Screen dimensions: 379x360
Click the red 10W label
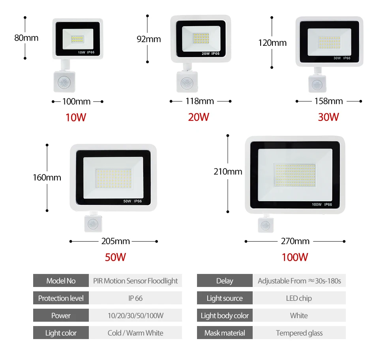point(76,117)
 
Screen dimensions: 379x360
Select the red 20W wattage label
point(199,117)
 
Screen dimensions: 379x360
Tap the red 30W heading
point(328,117)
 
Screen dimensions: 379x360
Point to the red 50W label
point(115,257)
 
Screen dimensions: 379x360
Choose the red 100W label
point(295,257)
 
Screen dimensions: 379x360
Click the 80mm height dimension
point(26,38)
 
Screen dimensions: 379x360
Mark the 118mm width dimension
point(200,101)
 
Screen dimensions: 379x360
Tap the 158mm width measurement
point(328,101)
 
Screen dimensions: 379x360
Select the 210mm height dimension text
point(228,172)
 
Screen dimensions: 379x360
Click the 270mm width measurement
point(295,241)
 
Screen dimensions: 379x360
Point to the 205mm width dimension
point(115,241)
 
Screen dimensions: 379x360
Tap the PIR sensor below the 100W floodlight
point(265,225)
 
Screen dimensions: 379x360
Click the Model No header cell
point(61,281)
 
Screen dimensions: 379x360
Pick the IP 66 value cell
point(135,298)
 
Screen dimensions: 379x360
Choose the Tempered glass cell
point(299,333)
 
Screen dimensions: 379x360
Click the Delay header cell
point(225,281)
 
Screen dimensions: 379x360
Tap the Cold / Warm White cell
point(135,333)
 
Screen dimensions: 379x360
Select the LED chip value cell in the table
point(299,298)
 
